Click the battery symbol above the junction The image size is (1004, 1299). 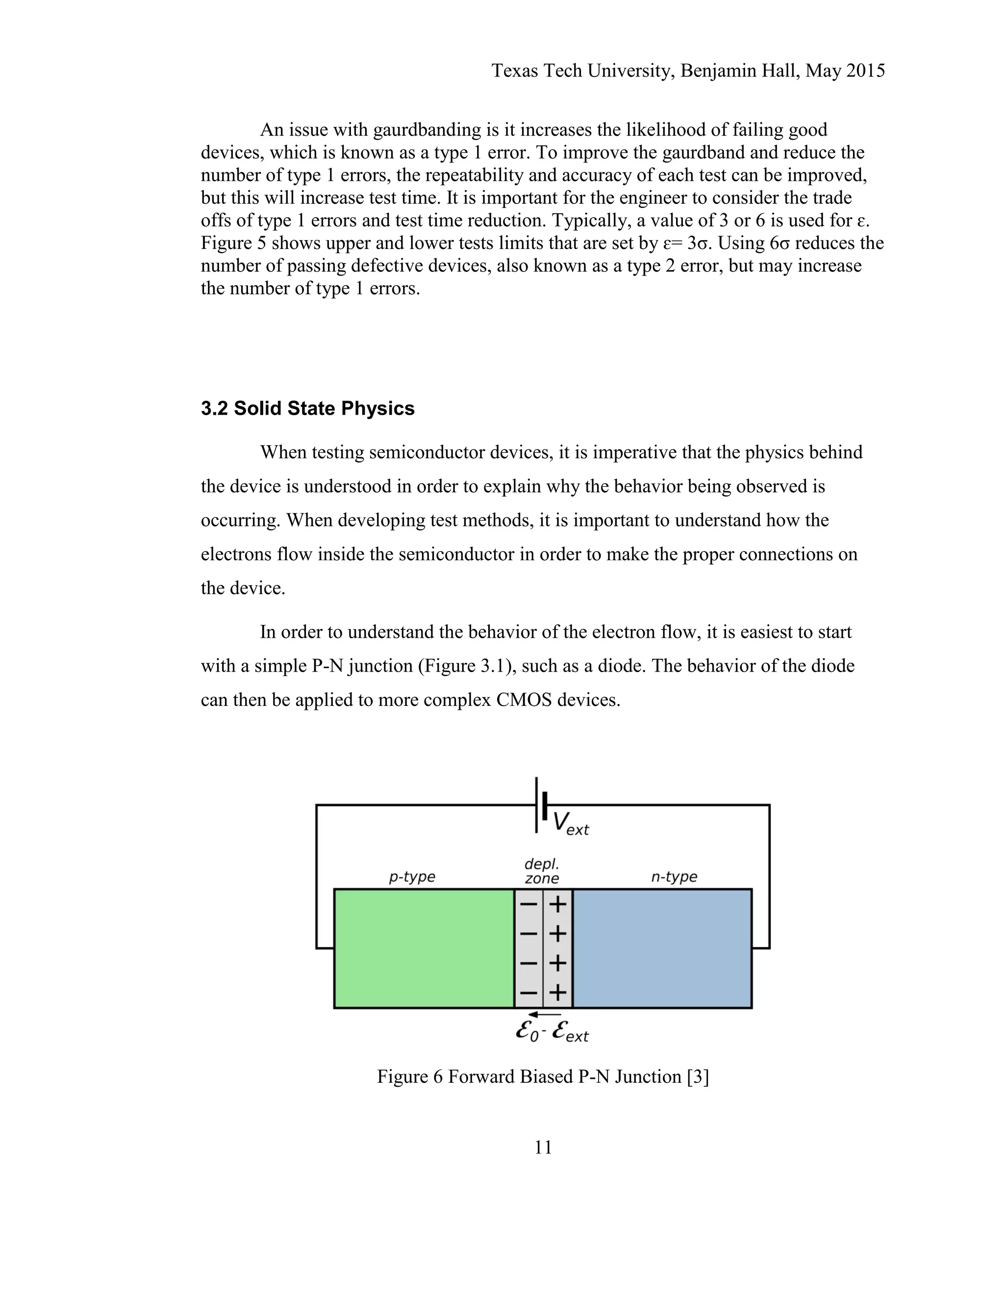point(541,805)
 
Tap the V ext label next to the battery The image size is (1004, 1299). point(570,824)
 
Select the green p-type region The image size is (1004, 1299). point(424,948)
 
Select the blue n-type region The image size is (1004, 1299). point(662,948)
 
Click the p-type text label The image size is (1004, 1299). point(412,877)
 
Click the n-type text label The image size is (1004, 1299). point(674,877)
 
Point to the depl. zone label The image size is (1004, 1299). point(541,871)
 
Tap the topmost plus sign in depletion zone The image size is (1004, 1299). point(557,905)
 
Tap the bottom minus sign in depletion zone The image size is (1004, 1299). point(528,993)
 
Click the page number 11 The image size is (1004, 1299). point(543,1148)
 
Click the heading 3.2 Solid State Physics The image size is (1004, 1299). point(307,409)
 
